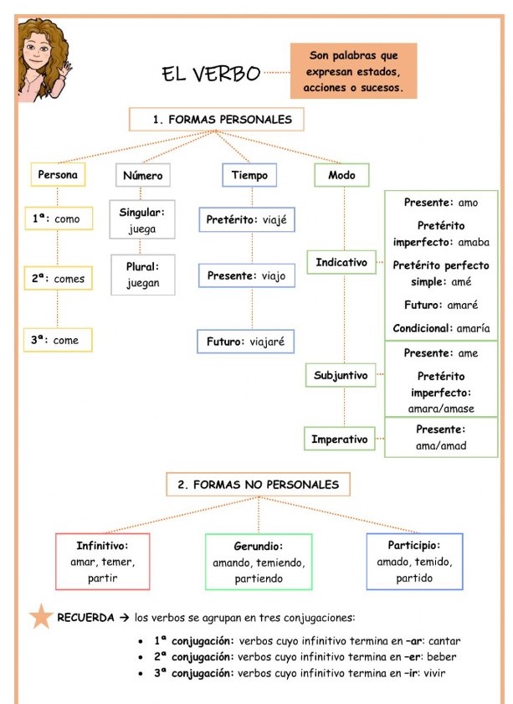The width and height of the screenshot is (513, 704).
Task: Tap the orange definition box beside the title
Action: (355, 71)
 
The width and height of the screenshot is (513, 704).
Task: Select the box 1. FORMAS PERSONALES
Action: (216, 119)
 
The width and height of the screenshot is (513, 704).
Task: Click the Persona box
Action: (58, 175)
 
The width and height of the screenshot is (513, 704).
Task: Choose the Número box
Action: (142, 176)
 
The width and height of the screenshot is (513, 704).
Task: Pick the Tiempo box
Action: (249, 175)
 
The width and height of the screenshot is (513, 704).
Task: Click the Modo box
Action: (341, 175)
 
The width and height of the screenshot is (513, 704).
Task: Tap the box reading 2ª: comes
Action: (58, 279)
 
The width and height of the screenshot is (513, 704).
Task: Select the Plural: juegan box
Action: (142, 275)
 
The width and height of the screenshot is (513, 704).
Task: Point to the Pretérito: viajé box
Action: (247, 221)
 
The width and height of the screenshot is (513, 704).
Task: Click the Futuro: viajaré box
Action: (247, 342)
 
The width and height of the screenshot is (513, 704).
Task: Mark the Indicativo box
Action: (341, 263)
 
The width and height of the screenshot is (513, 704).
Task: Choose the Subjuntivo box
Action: (341, 375)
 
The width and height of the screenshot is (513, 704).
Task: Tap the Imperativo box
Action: (341, 438)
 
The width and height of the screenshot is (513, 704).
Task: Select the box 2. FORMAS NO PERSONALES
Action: (253, 484)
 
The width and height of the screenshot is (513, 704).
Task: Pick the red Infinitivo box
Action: (101, 561)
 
